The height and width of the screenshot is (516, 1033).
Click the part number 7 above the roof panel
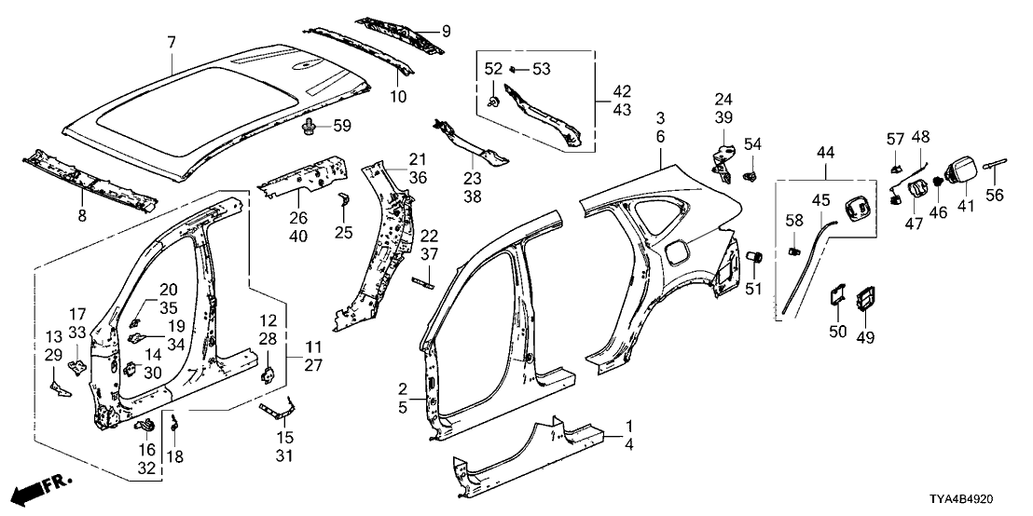pos(171,42)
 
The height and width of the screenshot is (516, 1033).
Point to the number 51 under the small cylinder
pos(756,289)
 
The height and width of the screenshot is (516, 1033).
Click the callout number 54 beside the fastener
pos(752,144)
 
